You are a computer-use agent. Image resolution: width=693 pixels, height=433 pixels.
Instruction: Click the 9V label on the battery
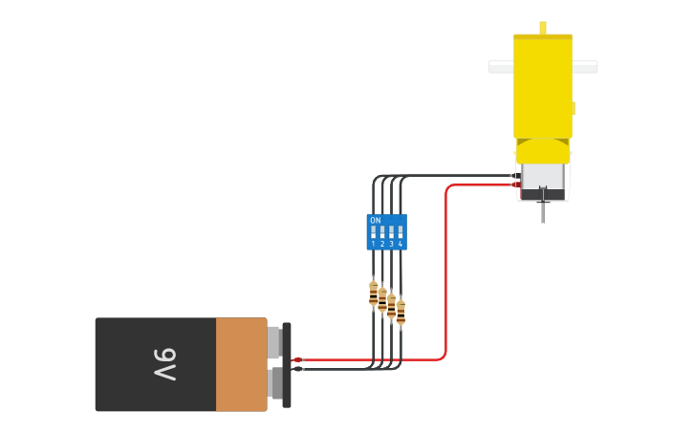pos(165,364)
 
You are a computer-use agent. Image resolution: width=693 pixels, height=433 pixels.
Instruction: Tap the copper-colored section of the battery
pos(241,364)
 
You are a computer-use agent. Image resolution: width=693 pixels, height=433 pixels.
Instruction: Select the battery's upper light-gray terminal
pos(273,342)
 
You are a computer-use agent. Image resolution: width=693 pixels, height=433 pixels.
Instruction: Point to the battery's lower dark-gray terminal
pos(275,383)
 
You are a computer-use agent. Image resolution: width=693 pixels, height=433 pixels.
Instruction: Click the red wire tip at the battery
pos(297,359)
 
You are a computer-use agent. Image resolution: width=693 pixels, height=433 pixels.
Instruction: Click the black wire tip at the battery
pos(298,369)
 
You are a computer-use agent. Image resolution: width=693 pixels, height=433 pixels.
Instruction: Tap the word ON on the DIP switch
pos(375,221)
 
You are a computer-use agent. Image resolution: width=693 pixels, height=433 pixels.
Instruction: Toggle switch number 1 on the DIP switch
pos(373,232)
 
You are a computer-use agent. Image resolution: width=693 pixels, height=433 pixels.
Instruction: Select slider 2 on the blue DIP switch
pos(382,232)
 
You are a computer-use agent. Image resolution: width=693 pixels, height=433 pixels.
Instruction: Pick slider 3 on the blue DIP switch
pos(391,232)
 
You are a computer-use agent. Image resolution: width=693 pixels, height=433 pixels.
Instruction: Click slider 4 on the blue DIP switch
pos(400,232)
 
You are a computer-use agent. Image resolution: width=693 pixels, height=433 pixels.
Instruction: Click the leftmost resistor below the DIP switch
pos(373,293)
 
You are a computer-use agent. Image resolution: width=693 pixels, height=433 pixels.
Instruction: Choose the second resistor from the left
pos(382,300)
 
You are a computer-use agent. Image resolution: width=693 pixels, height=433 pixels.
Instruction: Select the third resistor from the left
pos(391,306)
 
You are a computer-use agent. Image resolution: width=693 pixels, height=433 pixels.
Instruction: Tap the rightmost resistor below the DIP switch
pos(401,312)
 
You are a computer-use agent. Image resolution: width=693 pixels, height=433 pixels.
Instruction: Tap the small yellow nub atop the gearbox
pos(543,28)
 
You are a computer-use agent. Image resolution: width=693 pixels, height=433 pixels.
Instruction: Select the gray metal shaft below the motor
pos(543,212)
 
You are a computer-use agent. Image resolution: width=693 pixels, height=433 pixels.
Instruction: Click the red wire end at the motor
pos(516,184)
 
